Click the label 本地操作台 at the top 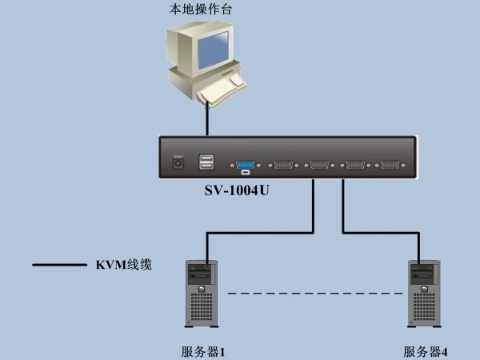click(x=201, y=9)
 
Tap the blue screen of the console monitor click(x=214, y=50)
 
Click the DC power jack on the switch click(x=178, y=163)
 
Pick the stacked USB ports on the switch click(x=206, y=162)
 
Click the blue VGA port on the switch click(x=246, y=166)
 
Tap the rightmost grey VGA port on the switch click(x=390, y=165)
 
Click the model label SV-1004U click(x=237, y=190)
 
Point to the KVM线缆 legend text click(x=124, y=265)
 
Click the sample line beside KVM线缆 click(x=60, y=265)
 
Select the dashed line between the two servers click(x=315, y=294)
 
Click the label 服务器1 click(x=203, y=352)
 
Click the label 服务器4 click(x=426, y=352)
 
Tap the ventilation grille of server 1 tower click(x=202, y=306)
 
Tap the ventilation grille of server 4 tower click(x=424, y=306)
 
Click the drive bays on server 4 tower click(x=423, y=272)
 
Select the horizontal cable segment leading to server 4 click(x=381, y=233)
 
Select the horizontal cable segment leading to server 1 click(x=260, y=233)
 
